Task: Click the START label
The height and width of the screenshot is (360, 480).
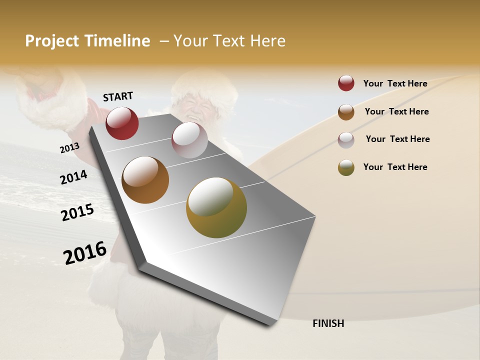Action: point(118,96)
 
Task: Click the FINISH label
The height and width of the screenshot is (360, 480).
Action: point(328,323)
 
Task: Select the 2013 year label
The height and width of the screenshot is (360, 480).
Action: point(69,147)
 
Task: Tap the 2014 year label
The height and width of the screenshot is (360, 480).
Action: point(73,177)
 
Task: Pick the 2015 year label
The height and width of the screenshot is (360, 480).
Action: point(77,212)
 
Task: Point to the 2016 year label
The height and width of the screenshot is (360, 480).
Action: point(85,253)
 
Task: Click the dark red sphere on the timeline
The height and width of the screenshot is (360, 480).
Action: point(122,123)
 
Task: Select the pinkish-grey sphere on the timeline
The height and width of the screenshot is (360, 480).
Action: point(189,140)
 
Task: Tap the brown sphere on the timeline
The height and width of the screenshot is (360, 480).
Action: point(145,180)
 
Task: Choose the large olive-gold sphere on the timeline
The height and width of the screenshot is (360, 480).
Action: point(216,207)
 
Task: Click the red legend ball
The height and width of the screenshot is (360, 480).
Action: point(346,83)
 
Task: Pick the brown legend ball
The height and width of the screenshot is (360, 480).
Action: point(346,111)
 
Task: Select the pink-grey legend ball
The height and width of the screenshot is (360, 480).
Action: point(346,139)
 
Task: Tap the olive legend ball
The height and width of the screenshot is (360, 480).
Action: point(346,167)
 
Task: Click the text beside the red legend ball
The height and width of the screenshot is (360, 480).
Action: point(395,83)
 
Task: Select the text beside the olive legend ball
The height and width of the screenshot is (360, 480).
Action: point(395,167)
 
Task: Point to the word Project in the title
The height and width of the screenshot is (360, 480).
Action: point(52,41)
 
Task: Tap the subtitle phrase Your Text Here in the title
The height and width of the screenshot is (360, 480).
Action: point(229,41)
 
